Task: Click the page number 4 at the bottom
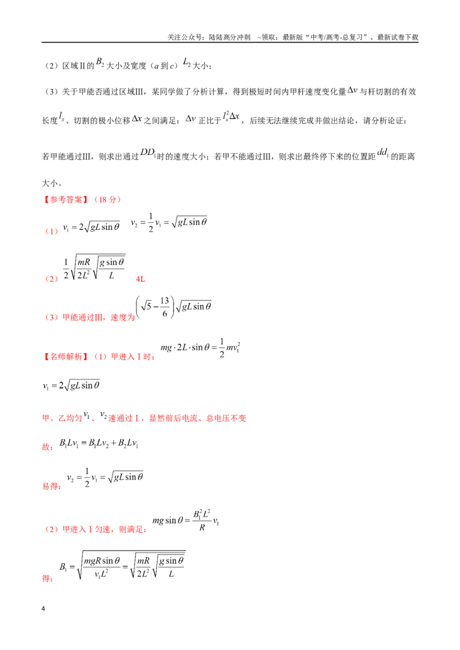43,609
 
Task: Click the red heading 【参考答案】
66,199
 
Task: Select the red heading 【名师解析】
66,357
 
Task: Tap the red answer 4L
141,279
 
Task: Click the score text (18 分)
108,199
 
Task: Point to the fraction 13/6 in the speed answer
165,307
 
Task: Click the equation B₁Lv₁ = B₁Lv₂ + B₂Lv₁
99,443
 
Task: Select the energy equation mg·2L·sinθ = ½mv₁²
201,348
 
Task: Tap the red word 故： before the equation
48,447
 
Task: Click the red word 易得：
52,486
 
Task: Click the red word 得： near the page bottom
48,578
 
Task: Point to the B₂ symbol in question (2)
100,62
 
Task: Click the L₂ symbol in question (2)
187,62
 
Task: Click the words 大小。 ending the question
52,183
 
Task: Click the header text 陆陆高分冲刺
229,37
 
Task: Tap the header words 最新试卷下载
398,37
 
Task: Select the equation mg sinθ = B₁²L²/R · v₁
186,521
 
